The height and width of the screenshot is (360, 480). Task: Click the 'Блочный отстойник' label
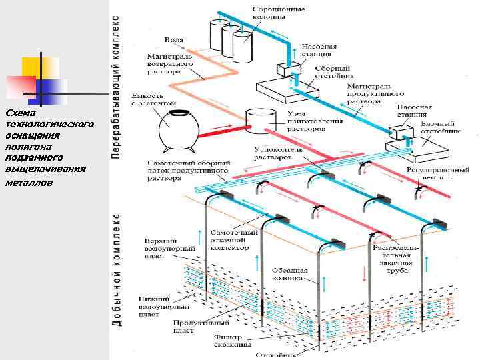pyautogui.click(x=437, y=128)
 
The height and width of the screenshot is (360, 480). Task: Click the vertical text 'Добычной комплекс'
pyautogui.click(x=117, y=270)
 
